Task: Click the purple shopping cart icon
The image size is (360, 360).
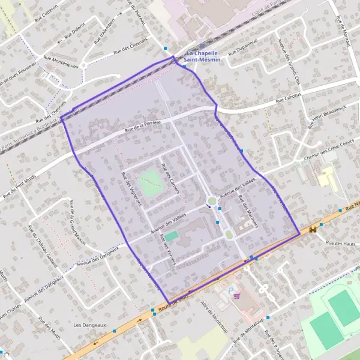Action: [x=238, y=295]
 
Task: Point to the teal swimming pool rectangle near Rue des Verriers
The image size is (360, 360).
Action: [x=172, y=236]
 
